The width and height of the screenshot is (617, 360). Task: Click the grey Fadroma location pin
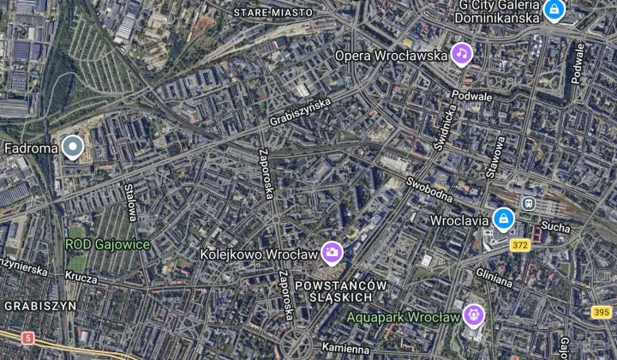pos(74,147)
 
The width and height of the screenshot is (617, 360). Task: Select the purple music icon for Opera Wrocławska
pos(463,55)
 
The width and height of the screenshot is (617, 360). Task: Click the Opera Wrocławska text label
pos(392,56)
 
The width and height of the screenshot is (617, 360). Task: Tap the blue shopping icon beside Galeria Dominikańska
pos(554,11)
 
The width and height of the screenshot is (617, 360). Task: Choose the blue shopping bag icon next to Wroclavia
pos(503,220)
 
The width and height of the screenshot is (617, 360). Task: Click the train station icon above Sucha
pos(529,204)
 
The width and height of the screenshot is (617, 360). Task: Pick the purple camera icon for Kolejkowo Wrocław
pos(332,253)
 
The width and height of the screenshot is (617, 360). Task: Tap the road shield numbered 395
pos(602,312)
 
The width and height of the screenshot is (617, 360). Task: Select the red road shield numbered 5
pos(28,338)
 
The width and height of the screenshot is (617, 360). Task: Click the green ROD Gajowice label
pos(108,245)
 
